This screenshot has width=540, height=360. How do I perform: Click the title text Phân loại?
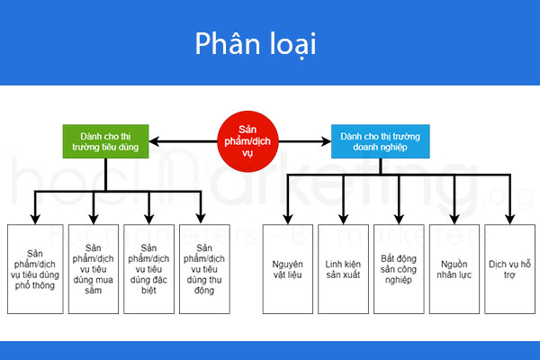pos(256,45)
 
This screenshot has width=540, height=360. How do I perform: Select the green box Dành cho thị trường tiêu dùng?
pos(105,139)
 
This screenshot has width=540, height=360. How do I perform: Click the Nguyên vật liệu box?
pos(287,268)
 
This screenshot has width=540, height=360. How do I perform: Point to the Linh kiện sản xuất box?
pos(343,268)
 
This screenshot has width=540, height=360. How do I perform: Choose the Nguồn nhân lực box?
pos(454,268)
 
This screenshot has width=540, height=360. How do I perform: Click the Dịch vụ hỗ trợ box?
pos(508,268)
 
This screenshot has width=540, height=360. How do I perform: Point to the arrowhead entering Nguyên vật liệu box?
pos(288,218)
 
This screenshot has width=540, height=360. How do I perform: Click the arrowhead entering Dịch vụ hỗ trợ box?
pos(509,218)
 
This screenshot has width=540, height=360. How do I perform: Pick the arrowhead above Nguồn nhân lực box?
pos(454,218)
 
